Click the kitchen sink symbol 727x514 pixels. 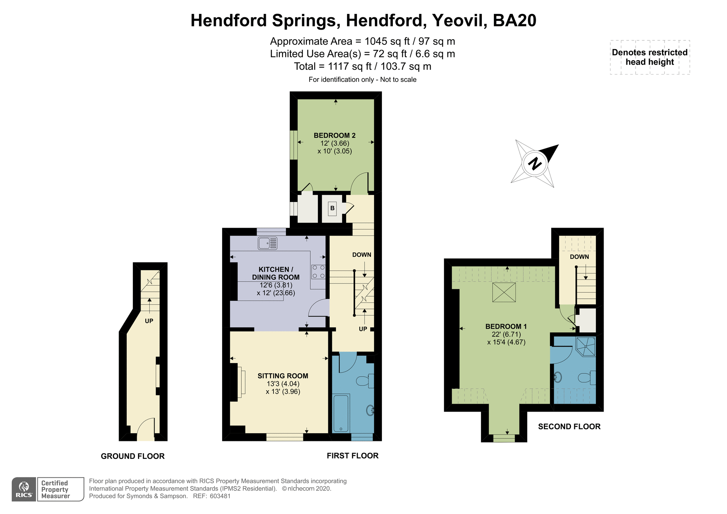267,243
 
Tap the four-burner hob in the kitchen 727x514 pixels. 318,272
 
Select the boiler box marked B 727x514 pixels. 332,209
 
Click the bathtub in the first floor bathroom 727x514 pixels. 341,413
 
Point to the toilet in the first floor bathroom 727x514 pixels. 365,381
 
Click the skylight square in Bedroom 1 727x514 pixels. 504,293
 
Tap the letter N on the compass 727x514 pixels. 535,163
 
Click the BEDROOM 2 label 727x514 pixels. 334,135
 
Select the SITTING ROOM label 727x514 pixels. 283,376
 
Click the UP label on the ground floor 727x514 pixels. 149,321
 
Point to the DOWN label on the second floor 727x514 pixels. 579,257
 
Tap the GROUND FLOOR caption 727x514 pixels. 133,456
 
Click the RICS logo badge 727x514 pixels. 24,489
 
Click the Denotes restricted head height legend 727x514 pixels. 650,57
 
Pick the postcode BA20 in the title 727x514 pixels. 514,21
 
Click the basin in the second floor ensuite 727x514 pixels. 558,377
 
